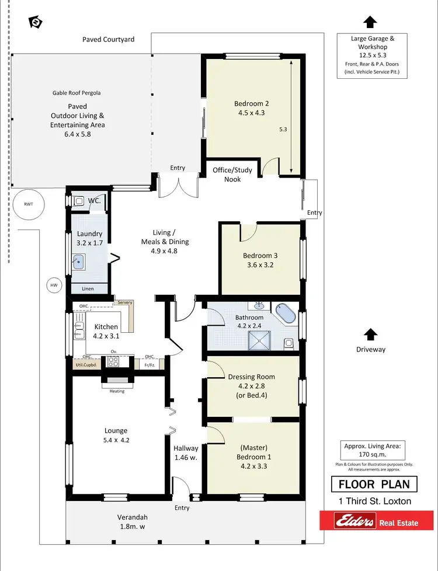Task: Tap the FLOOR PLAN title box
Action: [374, 484]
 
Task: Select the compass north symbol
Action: [36, 22]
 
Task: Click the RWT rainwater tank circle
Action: [29, 204]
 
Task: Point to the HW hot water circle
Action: [54, 285]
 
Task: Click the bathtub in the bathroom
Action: [286, 314]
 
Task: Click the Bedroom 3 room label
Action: [260, 260]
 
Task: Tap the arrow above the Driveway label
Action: [369, 334]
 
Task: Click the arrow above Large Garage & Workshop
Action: [369, 22]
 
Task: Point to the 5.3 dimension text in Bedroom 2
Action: [283, 129]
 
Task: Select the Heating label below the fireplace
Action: [117, 391]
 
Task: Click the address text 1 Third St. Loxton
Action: [374, 501]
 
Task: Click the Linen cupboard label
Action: [88, 289]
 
